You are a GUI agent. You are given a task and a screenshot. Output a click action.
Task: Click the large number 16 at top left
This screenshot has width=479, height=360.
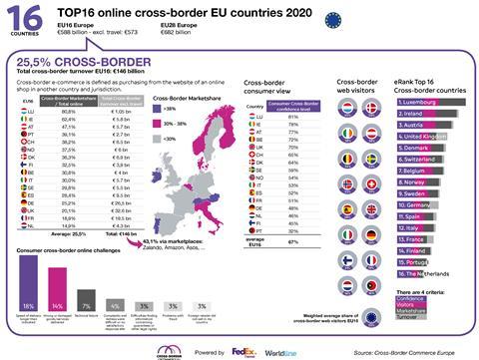tap(22, 19)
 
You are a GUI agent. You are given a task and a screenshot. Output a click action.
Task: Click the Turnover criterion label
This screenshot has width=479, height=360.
tap(409, 316)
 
